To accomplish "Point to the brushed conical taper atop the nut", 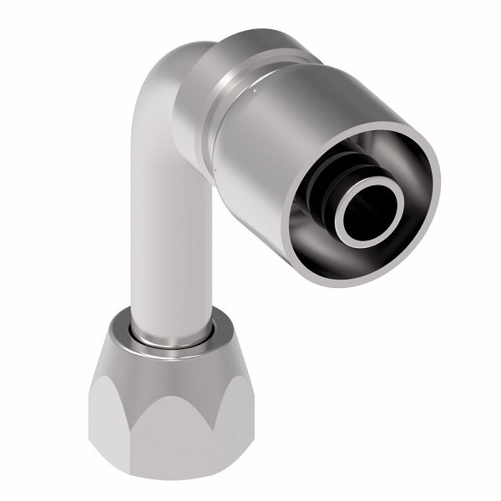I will tap(167, 363).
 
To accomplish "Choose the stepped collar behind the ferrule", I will tap(205, 92).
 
